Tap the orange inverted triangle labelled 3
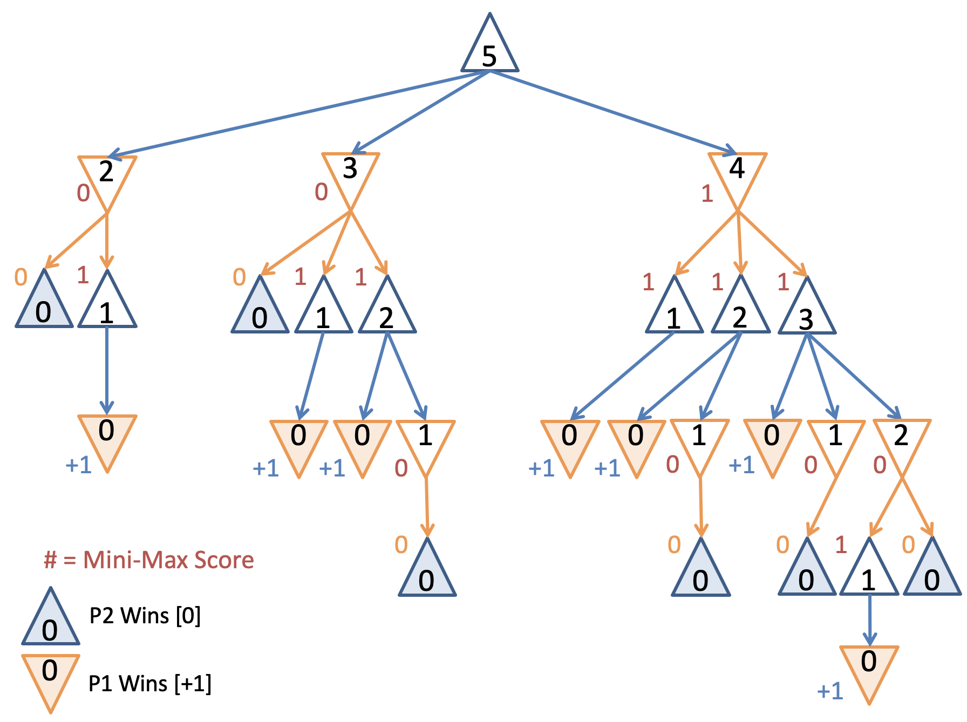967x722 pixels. pos(351,174)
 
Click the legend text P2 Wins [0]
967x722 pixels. pos(145,615)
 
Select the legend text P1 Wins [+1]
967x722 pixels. pos(150,683)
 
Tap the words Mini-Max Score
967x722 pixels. pos(168,560)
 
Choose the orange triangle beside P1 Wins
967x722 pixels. pos(50,677)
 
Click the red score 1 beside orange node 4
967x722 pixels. pos(707,193)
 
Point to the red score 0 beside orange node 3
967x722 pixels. pos(321,192)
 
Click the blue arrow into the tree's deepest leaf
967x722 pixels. pos(869,621)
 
